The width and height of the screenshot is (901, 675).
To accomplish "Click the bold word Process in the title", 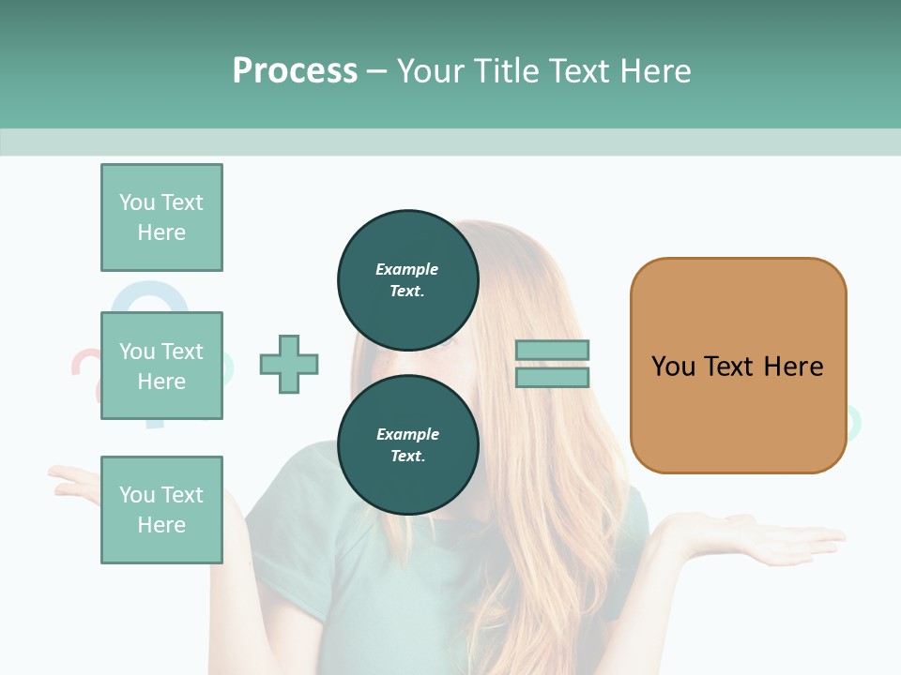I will tap(295, 71).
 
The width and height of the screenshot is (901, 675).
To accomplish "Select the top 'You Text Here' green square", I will tap(161, 217).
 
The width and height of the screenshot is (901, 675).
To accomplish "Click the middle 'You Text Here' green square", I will tap(161, 366).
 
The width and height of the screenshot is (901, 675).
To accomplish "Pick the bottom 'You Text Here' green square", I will tap(161, 510).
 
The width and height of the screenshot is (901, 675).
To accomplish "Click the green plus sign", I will tap(289, 364).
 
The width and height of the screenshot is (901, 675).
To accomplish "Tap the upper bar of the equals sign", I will tap(552, 351).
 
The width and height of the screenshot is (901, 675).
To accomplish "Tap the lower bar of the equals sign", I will tap(552, 377).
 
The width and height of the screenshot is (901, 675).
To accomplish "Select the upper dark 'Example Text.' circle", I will tap(407, 279).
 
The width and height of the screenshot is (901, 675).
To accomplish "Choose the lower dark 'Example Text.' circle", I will tap(407, 444).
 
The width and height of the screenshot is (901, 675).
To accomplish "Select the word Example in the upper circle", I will tap(407, 269).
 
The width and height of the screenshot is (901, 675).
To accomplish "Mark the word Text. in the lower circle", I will tap(407, 456).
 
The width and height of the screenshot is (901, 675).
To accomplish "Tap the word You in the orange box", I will tap(673, 367).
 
